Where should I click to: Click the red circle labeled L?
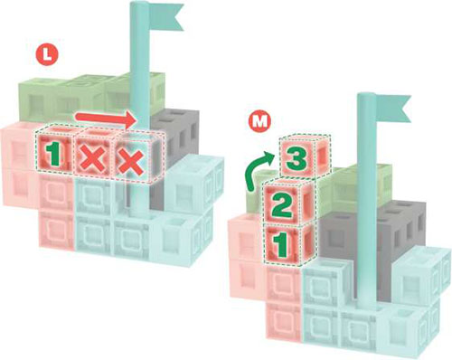(x=47, y=55)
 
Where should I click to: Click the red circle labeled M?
(x=259, y=121)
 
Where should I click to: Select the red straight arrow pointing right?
(x=106, y=118)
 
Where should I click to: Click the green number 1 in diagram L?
(x=53, y=155)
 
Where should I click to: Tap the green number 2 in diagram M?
(x=282, y=206)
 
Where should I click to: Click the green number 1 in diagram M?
(x=281, y=247)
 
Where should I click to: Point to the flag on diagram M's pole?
(x=393, y=109)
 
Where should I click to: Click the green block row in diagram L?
(x=90, y=97)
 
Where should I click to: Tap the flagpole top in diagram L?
(x=139, y=5)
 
